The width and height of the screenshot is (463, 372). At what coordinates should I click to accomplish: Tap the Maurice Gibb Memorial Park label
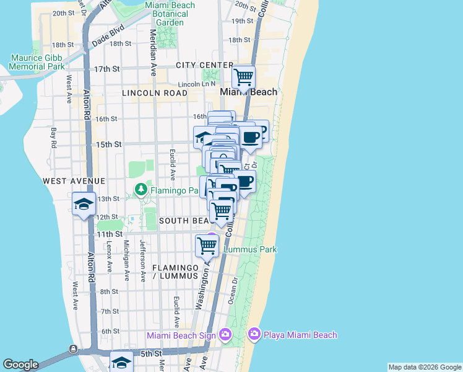[x=37, y=62]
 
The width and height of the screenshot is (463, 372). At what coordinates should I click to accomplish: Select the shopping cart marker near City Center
[x=244, y=77]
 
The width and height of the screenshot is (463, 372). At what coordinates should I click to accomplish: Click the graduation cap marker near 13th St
[x=84, y=204]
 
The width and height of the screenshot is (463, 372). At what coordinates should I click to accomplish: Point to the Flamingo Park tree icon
[x=142, y=188]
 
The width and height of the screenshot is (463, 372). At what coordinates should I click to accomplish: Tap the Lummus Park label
[x=250, y=249]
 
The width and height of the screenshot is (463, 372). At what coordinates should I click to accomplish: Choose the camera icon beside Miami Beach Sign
[x=224, y=335]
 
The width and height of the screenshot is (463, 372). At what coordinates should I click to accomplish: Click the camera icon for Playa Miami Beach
[x=254, y=335]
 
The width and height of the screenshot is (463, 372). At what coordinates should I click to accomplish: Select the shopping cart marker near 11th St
[x=207, y=246]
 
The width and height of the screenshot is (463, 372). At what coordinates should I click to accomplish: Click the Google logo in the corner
[x=20, y=365]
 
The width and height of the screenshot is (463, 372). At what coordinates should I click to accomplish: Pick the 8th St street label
[x=109, y=291]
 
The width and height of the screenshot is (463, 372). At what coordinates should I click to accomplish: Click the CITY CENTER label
[x=204, y=65]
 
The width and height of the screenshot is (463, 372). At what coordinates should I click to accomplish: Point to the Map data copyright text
[x=424, y=367]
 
